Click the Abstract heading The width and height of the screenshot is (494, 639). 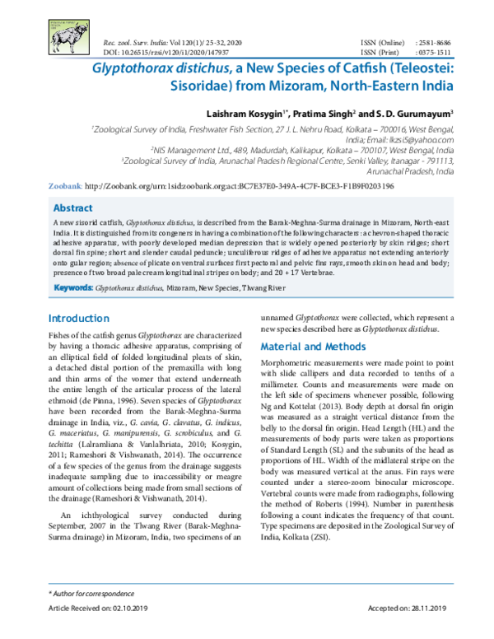pyautogui.click(x=72, y=208)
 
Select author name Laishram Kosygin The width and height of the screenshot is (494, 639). pyautogui.click(x=243, y=111)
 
